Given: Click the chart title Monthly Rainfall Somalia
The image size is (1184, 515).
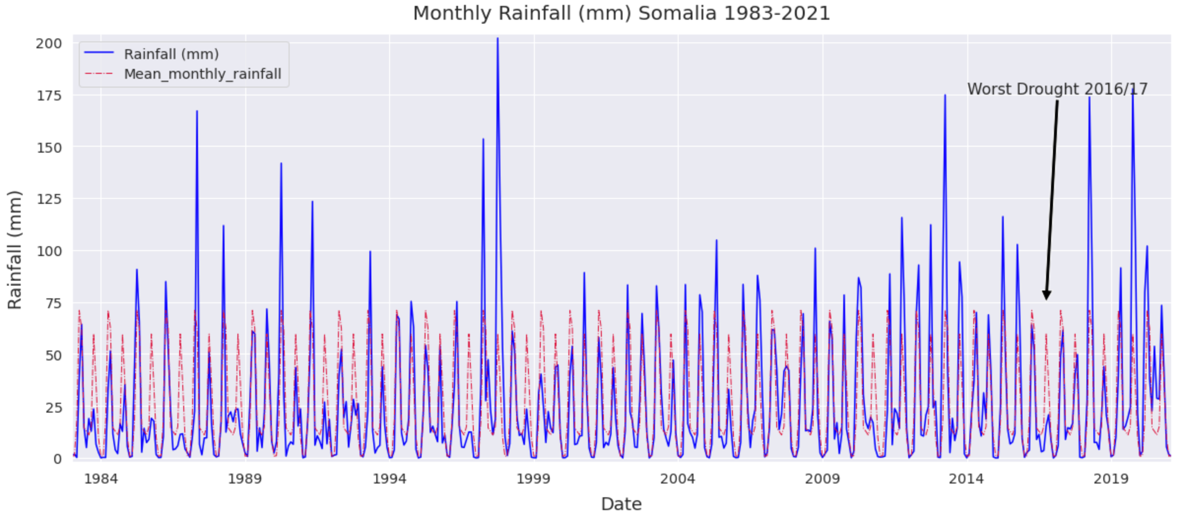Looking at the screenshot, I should (621, 13).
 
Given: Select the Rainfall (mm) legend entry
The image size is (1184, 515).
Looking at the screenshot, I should (171, 54).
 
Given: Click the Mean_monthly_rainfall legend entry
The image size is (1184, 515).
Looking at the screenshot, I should (202, 74).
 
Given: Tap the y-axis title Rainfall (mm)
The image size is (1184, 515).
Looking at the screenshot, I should (15, 250).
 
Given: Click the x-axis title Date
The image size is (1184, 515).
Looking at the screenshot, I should (621, 504).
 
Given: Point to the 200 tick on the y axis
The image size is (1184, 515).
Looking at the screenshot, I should (49, 43).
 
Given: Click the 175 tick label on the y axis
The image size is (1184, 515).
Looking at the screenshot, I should (49, 96).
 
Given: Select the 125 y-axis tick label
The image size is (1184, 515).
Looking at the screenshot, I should (49, 199).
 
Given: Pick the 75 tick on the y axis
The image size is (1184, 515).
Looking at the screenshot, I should (53, 303).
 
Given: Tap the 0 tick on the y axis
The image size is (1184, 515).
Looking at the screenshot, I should (58, 459).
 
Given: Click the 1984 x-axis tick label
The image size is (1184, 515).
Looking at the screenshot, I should (101, 479).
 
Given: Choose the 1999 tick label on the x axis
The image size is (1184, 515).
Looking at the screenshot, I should (533, 479).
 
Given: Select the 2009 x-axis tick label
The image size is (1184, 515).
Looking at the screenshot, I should (822, 479).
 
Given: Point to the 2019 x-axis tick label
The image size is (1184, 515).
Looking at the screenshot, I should (1111, 479).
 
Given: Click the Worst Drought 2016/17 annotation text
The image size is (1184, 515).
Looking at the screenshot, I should (1057, 89).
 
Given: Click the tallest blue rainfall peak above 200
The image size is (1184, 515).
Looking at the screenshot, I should (497, 38).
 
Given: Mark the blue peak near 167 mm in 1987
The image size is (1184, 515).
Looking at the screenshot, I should (197, 111).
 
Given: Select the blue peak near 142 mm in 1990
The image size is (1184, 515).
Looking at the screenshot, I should (281, 163).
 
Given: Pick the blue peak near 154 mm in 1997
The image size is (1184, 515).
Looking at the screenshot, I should (483, 139).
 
